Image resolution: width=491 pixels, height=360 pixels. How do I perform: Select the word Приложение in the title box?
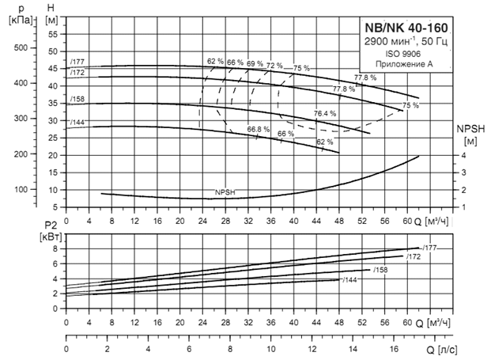pos(398,65)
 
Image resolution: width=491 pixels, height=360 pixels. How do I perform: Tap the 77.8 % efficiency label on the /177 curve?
pos(365,78)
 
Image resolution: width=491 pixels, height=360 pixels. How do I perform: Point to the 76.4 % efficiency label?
pos(325,113)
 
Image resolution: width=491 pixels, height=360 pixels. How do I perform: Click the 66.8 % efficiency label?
pos(259,129)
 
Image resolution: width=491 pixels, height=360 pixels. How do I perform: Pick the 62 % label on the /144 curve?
pos(325,142)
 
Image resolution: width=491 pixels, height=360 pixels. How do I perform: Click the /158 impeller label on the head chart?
pos(77,99)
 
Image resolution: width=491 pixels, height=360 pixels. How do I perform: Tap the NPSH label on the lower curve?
pos(226,192)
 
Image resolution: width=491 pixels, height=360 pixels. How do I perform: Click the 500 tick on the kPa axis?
pos(21,47)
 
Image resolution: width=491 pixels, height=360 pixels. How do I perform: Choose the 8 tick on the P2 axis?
pos(55,248)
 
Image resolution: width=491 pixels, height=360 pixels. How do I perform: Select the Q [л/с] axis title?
pos(440,349)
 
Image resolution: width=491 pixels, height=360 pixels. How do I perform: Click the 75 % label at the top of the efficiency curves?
pos(301,68)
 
